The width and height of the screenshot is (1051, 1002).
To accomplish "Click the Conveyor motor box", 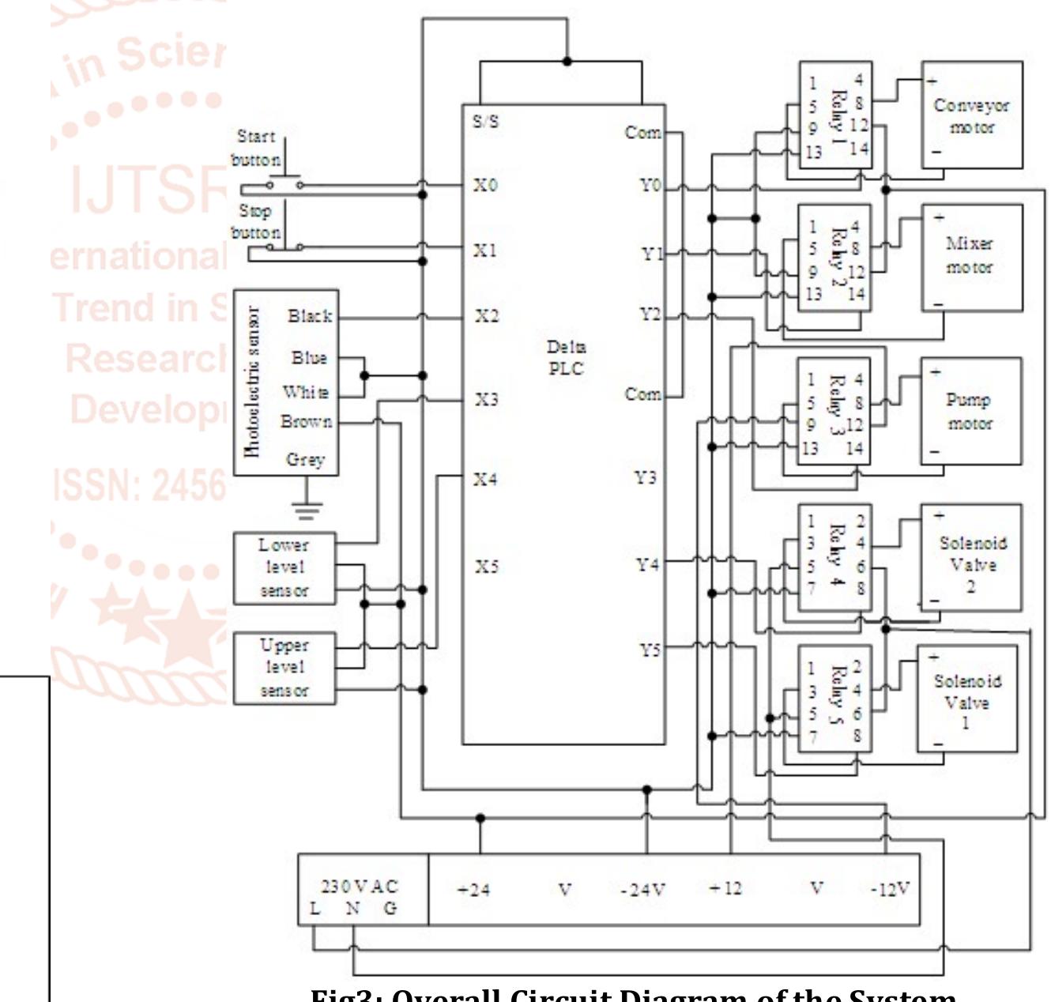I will coord(971,115).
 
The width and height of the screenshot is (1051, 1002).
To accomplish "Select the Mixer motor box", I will coord(971,257).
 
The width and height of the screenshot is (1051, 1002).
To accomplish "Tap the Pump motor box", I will coord(970,411).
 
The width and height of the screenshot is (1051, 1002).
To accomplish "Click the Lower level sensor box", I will coord(284,568).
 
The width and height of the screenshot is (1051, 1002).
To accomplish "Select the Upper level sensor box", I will coord(284,668).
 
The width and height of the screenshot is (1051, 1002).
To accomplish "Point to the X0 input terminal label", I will coord(485,186).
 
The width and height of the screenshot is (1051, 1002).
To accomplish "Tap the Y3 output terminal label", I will coord(645,478).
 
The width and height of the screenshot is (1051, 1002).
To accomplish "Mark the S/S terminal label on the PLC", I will coord(485,122).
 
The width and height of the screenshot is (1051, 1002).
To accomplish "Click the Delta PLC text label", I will coord(566,358).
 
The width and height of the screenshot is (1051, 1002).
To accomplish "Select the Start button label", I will coord(256,148).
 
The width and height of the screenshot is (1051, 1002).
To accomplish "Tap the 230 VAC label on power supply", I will coord(360,887).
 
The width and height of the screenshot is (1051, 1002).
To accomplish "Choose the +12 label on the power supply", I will coord(725,888).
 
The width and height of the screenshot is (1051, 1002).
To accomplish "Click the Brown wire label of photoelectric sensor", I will coord(306,422).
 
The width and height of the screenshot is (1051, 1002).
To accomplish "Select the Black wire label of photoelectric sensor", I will coord(310,316).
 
